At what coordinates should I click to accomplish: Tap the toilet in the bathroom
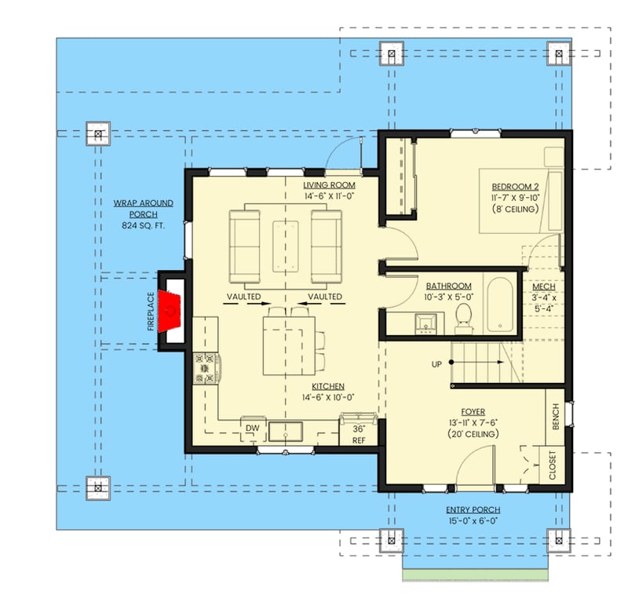coord(464,316)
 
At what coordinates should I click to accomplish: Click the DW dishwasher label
coord(253,428)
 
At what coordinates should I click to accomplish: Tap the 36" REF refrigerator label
coord(360,435)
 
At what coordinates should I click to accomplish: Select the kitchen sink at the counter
coord(287,431)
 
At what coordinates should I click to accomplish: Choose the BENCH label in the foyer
coord(556,417)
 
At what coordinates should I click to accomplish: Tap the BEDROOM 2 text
coord(515,186)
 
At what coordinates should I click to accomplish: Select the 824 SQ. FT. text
coord(143,226)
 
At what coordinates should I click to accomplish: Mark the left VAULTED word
coord(244,297)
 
